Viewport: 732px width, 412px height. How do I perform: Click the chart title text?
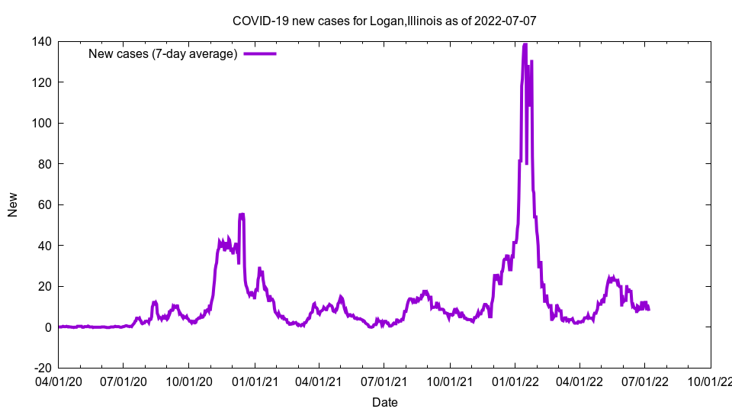pos(384,21)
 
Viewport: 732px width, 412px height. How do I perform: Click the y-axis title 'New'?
pos(13,204)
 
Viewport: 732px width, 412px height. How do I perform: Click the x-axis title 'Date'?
pos(384,402)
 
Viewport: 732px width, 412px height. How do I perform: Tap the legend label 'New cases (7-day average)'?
pos(163,53)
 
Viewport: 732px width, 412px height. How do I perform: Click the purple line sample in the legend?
pos(259,53)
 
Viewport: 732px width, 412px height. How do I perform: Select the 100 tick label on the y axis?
pos(41,123)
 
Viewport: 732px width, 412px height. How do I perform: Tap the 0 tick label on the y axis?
pos(47,327)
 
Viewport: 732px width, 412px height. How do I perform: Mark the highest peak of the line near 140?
pos(525,44)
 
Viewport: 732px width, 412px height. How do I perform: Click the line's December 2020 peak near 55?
pos(242,214)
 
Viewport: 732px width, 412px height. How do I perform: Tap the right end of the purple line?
pos(648,309)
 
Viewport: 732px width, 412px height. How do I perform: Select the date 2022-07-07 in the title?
pos(506,21)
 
